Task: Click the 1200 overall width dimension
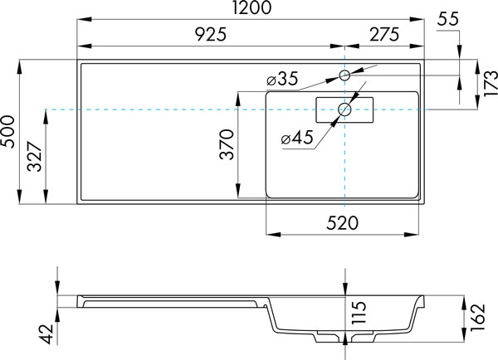(x=252, y=7)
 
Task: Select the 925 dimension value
(x=211, y=34)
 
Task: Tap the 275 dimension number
(x=384, y=34)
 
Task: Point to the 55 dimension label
(x=448, y=19)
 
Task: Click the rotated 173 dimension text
(x=491, y=84)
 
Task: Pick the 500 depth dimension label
(x=7, y=131)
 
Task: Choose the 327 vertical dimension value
(x=35, y=157)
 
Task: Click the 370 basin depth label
(x=227, y=144)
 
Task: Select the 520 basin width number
(x=342, y=223)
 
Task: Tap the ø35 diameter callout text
(x=282, y=79)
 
